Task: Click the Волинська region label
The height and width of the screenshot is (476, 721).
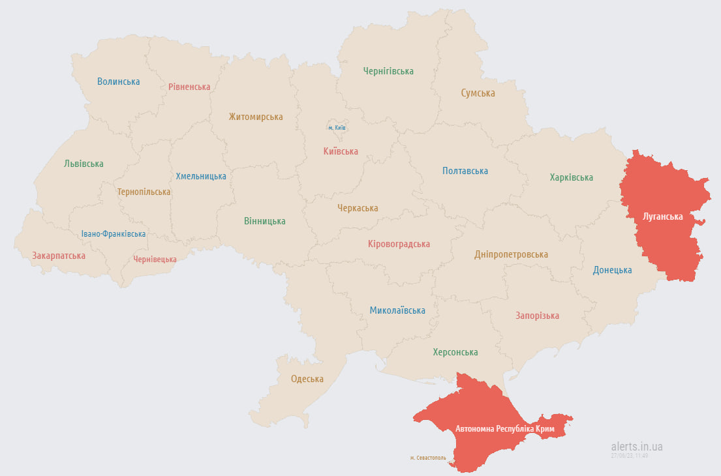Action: pos(119,82)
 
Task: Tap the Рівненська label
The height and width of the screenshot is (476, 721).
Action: pos(189,87)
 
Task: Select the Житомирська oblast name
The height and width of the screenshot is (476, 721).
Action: pos(256,117)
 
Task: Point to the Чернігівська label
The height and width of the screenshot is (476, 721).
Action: pos(388,71)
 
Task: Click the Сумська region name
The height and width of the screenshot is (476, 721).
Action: pos(478,93)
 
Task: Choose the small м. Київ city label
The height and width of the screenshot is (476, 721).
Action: pos(337,128)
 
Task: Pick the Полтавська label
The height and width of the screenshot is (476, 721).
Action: pos(465,171)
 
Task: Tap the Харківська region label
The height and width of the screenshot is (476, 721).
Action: pos(571,177)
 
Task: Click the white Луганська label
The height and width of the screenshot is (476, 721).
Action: pos(662,216)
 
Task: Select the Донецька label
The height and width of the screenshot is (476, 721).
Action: pos(612,270)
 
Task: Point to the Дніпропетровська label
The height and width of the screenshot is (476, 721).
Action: pos(511,254)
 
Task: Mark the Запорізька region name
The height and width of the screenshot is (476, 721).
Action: pos(537,316)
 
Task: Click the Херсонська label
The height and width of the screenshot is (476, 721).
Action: pos(455,352)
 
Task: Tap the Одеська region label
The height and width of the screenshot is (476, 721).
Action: pos(307,379)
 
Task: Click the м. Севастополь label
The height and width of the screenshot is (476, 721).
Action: pos(428,458)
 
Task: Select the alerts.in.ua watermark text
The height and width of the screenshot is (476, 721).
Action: pos(637,447)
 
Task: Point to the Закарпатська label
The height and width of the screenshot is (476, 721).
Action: pos(59,256)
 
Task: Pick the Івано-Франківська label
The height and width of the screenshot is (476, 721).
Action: pos(114,233)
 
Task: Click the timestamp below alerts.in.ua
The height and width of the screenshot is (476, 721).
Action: pos(630,456)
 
